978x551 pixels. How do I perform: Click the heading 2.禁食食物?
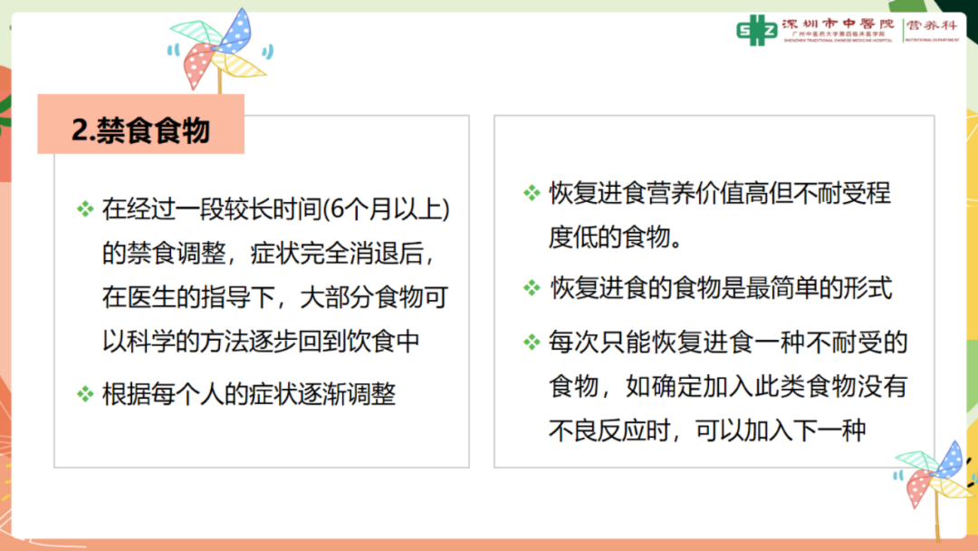(x=141, y=130)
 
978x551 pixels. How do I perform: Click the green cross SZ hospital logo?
(x=756, y=30)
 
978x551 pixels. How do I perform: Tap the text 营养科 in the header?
(x=932, y=25)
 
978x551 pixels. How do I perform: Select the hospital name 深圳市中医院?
(x=838, y=24)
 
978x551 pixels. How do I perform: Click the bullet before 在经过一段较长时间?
(x=85, y=208)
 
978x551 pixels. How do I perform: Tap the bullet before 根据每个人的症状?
(x=85, y=393)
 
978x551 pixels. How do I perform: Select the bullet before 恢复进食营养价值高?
(x=532, y=193)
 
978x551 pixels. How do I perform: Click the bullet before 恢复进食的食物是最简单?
(x=532, y=287)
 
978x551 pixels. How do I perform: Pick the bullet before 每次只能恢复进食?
(x=532, y=342)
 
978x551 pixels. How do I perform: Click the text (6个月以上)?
(x=386, y=209)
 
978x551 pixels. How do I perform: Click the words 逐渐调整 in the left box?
(x=347, y=394)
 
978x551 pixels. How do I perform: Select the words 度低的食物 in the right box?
(x=609, y=237)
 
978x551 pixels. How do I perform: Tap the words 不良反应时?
(x=609, y=430)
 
